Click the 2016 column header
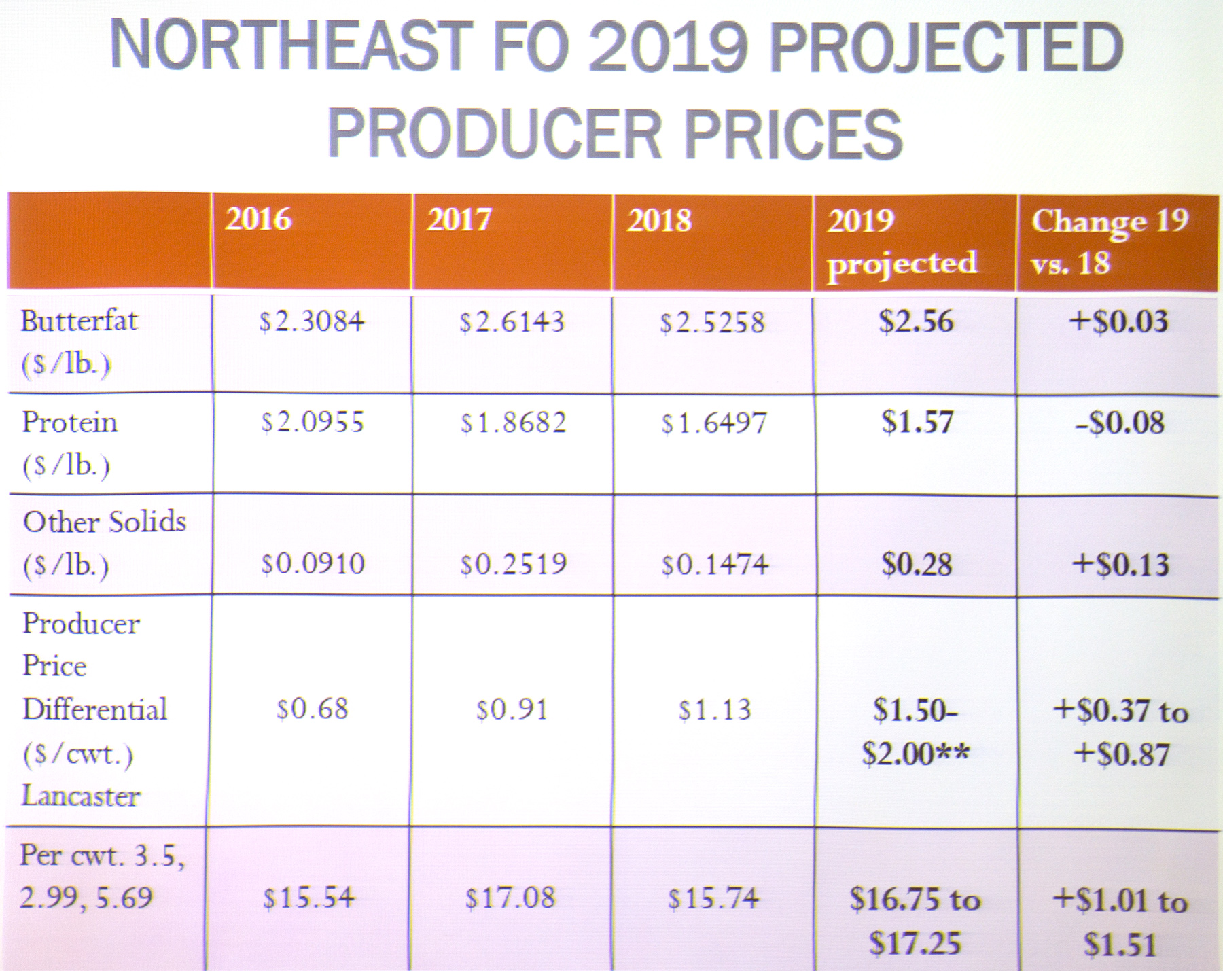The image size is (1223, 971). [258, 219]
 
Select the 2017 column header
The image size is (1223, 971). [459, 219]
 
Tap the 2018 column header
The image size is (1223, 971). [659, 220]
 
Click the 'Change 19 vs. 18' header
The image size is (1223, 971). [1110, 241]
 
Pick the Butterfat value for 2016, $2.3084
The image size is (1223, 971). [312, 321]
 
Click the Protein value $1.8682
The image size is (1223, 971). [513, 423]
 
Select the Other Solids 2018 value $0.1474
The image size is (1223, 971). [715, 564]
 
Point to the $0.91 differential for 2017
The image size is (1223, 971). [512, 709]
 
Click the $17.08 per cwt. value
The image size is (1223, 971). [510, 898]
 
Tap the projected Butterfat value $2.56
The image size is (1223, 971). [916, 321]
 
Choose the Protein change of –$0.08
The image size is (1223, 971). [1120, 423]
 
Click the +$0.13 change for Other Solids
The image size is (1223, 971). [1120, 564]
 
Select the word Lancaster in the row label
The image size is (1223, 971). [81, 795]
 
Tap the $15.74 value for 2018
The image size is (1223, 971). [713, 898]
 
